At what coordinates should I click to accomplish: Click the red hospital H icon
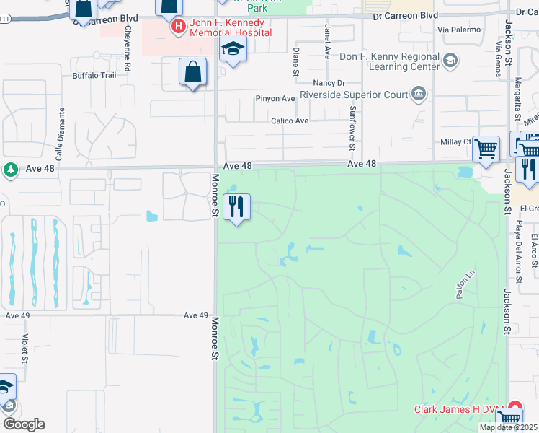click(178, 27)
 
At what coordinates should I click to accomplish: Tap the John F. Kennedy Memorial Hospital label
click(230, 27)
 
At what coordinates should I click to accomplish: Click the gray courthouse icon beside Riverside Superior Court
click(417, 93)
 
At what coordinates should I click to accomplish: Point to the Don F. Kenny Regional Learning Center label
click(389, 61)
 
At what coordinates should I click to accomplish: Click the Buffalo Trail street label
click(94, 75)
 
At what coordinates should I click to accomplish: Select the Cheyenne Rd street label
click(127, 47)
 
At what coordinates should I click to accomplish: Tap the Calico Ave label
click(290, 121)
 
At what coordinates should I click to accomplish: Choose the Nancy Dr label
click(329, 83)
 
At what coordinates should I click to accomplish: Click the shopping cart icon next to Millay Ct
click(486, 149)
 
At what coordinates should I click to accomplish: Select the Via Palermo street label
click(458, 30)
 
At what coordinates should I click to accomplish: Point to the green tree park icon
click(10, 170)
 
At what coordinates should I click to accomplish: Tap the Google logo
click(24, 424)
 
